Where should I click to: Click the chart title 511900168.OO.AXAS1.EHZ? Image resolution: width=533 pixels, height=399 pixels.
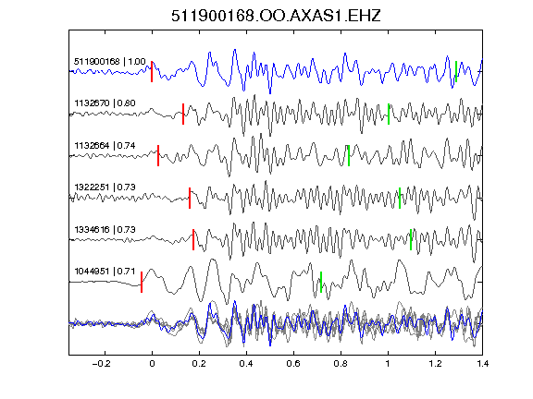point(276,16)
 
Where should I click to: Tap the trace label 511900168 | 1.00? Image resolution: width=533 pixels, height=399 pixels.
point(110,61)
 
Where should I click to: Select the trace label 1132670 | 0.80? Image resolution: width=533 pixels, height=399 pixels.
point(105,103)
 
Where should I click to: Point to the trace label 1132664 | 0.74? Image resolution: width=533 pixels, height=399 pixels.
point(105,146)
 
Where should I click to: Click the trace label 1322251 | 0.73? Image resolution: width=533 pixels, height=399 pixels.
point(105,187)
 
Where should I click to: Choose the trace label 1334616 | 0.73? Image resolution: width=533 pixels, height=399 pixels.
point(105,230)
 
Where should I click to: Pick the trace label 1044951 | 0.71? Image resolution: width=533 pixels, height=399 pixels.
point(105,272)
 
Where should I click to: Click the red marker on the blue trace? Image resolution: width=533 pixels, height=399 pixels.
point(152,72)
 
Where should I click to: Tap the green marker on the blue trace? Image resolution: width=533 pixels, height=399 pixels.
point(456,72)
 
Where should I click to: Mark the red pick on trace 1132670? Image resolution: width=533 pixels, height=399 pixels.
point(183,114)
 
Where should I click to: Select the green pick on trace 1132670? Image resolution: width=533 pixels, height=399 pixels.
point(389,114)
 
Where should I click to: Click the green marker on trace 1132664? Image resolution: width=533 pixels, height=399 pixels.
point(349,155)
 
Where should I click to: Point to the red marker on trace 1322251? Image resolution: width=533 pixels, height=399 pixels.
point(190,198)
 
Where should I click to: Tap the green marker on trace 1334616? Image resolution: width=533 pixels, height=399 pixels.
point(411,239)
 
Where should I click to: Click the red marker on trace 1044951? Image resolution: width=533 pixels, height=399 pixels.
point(142,282)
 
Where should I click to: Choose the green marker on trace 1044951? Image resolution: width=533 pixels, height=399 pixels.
point(321,282)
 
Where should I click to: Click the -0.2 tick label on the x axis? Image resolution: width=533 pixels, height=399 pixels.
point(102,364)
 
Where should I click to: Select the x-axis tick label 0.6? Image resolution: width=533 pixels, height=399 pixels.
point(293,364)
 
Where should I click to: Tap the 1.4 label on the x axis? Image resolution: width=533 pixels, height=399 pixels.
point(482,364)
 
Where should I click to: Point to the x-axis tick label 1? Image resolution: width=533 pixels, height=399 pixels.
point(388,364)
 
